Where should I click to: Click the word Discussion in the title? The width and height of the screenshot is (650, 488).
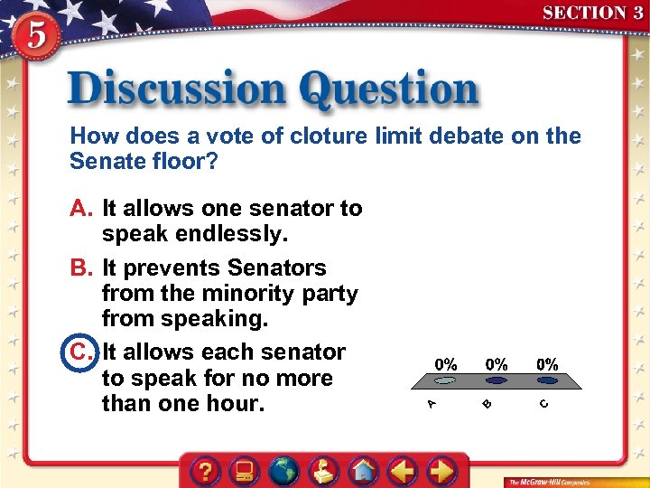(x=177, y=90)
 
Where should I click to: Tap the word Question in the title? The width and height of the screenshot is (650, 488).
(x=390, y=90)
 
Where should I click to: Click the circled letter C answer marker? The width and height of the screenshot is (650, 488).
(x=81, y=352)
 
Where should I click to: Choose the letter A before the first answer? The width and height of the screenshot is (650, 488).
(x=81, y=209)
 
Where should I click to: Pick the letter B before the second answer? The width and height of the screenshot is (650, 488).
(x=81, y=268)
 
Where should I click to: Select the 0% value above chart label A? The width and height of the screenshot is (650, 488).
(x=446, y=365)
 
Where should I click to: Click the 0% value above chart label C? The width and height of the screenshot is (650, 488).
(x=548, y=365)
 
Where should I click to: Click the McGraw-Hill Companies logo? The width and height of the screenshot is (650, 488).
(x=548, y=482)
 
